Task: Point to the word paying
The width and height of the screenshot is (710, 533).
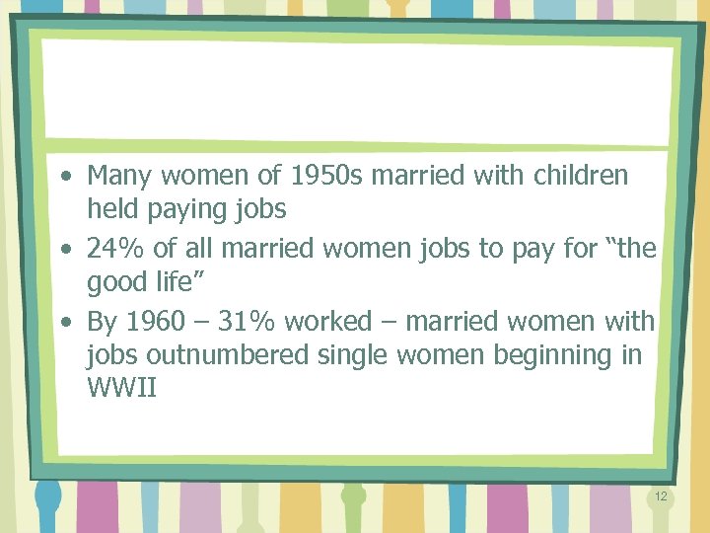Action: (x=190, y=209)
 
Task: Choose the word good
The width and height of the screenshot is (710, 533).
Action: (x=117, y=282)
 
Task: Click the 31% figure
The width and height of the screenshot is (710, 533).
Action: (x=246, y=322)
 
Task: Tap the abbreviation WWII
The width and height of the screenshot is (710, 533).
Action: (x=121, y=387)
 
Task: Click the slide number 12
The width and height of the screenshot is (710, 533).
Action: (x=661, y=495)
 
